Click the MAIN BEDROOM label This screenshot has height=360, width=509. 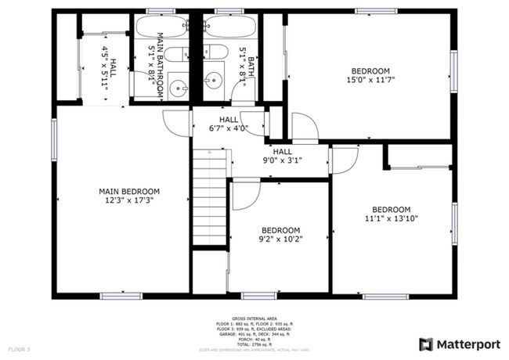click(x=129, y=191)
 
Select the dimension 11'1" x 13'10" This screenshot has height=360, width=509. click(x=391, y=218)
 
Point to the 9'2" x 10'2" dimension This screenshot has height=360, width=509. click(x=280, y=239)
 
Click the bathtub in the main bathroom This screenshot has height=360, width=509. click(x=161, y=27)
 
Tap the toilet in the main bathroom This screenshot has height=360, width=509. click(x=178, y=54)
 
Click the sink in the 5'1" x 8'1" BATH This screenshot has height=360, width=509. click(x=214, y=81)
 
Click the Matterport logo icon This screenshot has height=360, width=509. click(x=426, y=344)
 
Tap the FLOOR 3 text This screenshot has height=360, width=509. click(x=19, y=348)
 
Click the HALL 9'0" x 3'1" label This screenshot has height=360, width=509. click(x=282, y=156)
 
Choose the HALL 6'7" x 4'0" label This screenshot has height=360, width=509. click(x=229, y=124)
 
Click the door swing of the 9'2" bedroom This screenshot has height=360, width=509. click(x=244, y=196)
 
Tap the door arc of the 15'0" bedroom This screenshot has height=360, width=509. click(x=305, y=125)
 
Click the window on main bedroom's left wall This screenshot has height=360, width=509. click(x=54, y=139)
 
